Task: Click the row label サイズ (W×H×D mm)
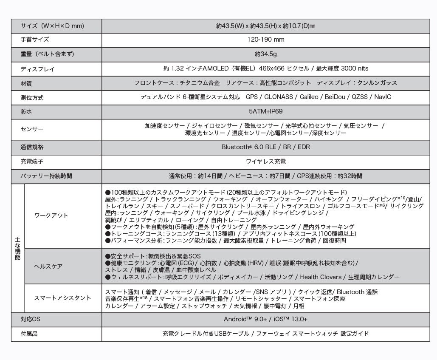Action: click(52, 26)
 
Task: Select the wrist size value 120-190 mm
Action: click(265, 40)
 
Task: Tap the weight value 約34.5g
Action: click(265, 54)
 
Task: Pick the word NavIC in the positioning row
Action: click(383, 97)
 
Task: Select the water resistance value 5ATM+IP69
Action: click(265, 111)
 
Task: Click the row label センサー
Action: click(32, 129)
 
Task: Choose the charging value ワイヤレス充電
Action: click(265, 162)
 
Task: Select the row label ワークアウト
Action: click(51, 215)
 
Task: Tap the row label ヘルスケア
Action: click(48, 266)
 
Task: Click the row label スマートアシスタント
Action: click(62, 298)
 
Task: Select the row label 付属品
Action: click(29, 334)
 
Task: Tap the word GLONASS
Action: click(279, 97)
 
